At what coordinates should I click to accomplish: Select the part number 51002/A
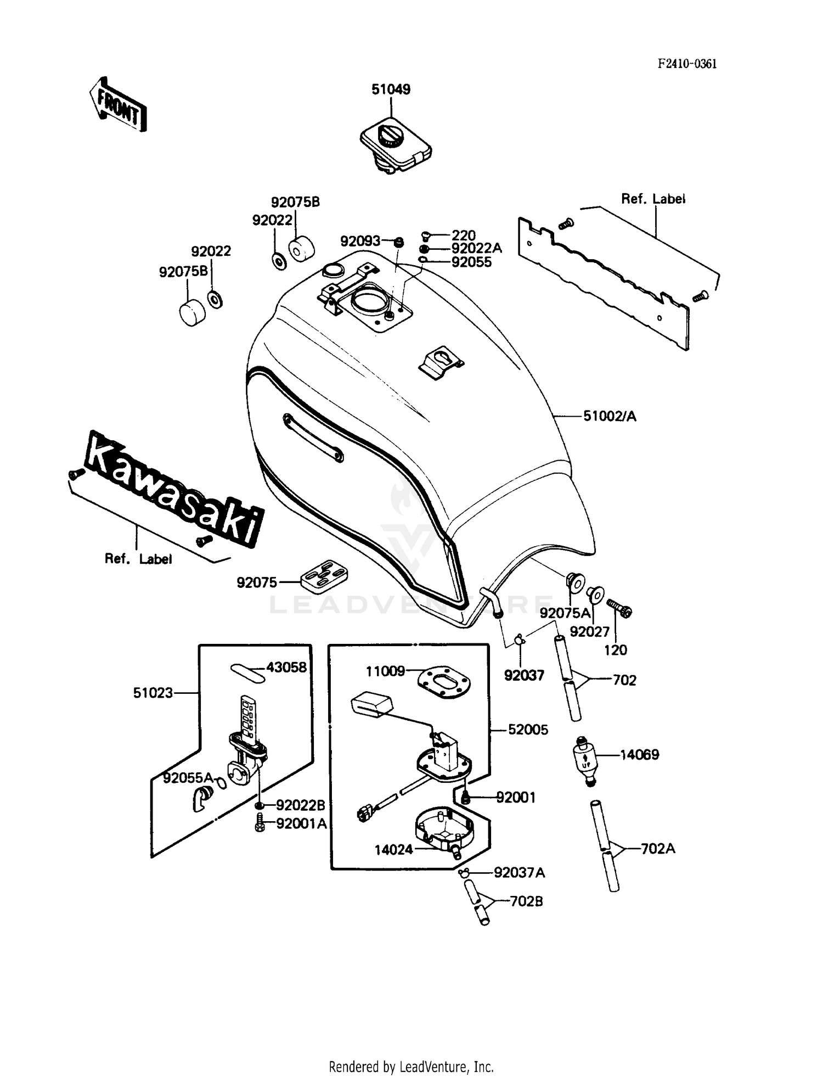pyautogui.click(x=610, y=417)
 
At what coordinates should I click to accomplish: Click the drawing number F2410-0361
pyautogui.click(x=687, y=64)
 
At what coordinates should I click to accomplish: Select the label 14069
pyautogui.click(x=639, y=755)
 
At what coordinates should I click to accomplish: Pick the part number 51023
pyautogui.click(x=153, y=693)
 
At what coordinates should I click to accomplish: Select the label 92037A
pyautogui.click(x=519, y=872)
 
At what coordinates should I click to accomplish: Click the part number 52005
pyautogui.click(x=528, y=730)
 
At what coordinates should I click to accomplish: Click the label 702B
pyautogui.click(x=526, y=901)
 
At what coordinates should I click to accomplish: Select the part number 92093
pyautogui.click(x=360, y=241)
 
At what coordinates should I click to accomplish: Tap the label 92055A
pyautogui.click(x=188, y=777)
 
